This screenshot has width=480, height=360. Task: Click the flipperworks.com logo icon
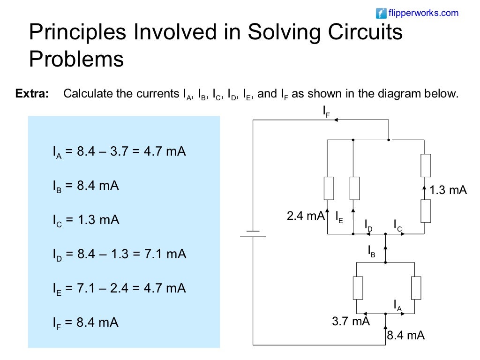click(382, 13)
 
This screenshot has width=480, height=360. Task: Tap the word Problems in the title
click(76, 60)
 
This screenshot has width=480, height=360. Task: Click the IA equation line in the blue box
click(119, 152)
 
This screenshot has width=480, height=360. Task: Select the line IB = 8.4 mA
click(86, 186)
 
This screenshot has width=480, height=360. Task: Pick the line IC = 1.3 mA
click(86, 220)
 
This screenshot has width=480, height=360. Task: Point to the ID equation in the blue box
click(119, 255)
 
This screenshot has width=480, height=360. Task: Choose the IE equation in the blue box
click(119, 288)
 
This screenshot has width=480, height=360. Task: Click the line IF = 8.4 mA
click(85, 322)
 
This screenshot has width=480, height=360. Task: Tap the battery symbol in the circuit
click(253, 234)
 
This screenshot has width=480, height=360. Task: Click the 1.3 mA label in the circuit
click(448, 190)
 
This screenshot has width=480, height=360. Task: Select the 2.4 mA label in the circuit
click(305, 216)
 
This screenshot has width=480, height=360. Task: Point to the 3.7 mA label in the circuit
click(351, 322)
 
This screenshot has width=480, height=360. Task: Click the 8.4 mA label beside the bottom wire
click(406, 336)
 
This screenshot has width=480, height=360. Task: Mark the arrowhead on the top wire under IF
click(336, 120)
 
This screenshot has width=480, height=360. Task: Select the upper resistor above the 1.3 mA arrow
click(425, 165)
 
